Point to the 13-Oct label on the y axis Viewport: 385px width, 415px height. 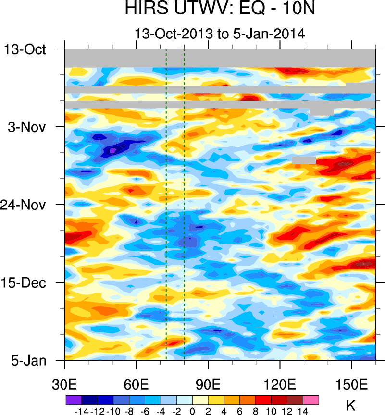coord(25,49)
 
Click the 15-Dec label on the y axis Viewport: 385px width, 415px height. coord(25,282)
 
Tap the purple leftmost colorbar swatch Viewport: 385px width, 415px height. coord(73,400)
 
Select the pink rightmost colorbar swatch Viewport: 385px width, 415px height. coord(311,400)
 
